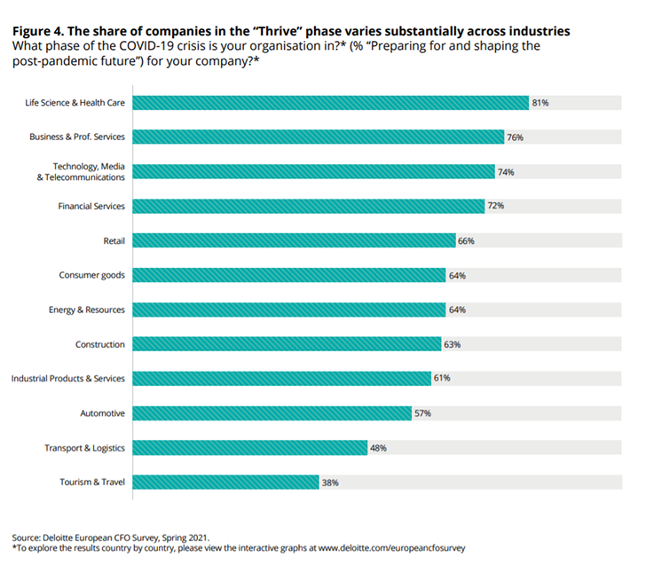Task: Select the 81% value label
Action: tap(540, 103)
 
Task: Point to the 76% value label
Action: tap(515, 137)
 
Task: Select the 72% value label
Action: tap(496, 206)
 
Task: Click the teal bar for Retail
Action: tap(294, 240)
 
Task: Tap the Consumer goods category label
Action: tap(91, 275)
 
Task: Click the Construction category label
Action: tap(100, 344)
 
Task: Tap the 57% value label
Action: tap(423, 413)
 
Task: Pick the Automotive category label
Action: tap(103, 413)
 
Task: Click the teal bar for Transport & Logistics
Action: tap(249, 448)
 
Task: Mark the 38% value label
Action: tap(330, 483)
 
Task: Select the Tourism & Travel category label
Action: tap(92, 483)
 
